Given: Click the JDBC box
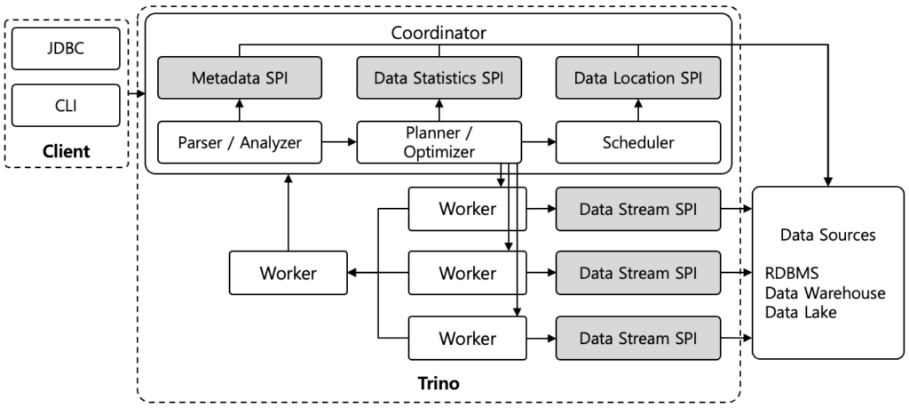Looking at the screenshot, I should tap(66, 50).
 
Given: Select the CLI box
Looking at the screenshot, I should tap(66, 105).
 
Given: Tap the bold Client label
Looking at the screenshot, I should tap(66, 151).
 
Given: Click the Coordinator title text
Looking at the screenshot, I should tap(439, 33).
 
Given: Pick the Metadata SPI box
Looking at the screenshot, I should tap(240, 78).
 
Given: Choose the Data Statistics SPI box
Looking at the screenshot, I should tap(439, 78).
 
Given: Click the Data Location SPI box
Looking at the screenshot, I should tap(637, 78).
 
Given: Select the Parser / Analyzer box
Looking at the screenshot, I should tap(240, 142).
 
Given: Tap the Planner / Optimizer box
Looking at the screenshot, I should tap(439, 142).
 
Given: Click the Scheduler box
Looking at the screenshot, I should tap(637, 142).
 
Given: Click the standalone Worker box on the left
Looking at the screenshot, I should tap(288, 273).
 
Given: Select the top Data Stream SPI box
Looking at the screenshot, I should tap(637, 210).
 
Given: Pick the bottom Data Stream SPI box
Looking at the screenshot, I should tap(637, 338).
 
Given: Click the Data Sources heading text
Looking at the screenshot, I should tap(827, 236).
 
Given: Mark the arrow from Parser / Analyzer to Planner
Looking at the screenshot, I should tap(339, 142).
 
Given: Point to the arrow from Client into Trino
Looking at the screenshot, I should tap(137, 92).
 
